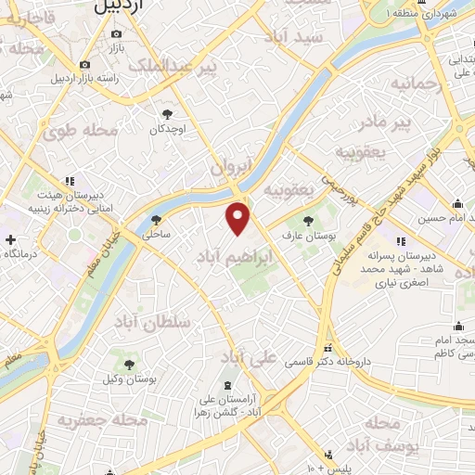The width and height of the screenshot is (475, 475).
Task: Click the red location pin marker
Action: tap(238, 219)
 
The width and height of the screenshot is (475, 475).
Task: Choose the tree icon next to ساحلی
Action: tap(155, 221)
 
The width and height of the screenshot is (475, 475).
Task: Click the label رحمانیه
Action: tap(412, 84)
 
